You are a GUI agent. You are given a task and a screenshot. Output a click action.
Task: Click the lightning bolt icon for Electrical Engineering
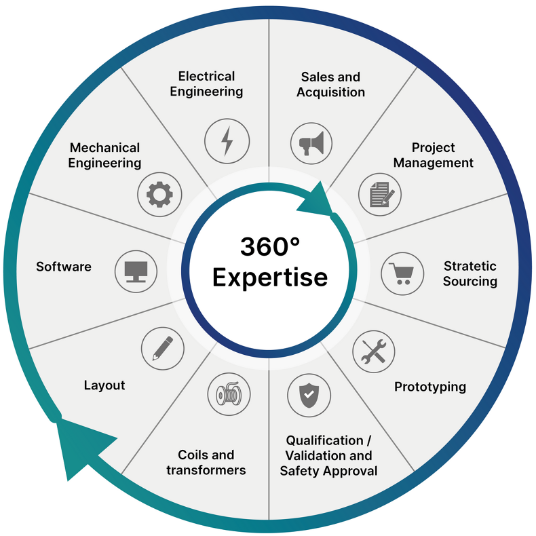point(227,141)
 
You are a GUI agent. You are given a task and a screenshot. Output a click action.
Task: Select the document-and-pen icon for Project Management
point(380,194)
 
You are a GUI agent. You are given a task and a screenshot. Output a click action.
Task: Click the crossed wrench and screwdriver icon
point(374,351)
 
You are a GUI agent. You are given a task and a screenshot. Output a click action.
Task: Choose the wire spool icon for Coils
point(229,394)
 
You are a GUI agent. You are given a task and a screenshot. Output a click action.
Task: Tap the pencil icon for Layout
point(162,347)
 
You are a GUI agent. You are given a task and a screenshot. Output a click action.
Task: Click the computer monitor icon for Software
point(136,271)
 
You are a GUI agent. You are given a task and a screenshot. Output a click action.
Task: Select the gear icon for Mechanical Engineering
point(159,194)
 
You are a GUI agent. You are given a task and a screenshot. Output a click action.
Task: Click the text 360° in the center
point(269,248)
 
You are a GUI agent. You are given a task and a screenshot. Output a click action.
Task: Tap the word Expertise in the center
point(269,277)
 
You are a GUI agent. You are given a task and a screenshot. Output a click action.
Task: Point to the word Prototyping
point(430,387)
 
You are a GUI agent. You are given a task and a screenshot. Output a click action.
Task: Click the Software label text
point(64,267)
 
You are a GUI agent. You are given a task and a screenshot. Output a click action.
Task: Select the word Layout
point(104,385)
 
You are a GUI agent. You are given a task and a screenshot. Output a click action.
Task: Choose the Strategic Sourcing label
point(470,273)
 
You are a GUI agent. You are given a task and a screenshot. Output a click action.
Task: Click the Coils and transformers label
point(206,462)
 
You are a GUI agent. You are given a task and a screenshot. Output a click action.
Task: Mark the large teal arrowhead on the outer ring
point(78,444)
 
